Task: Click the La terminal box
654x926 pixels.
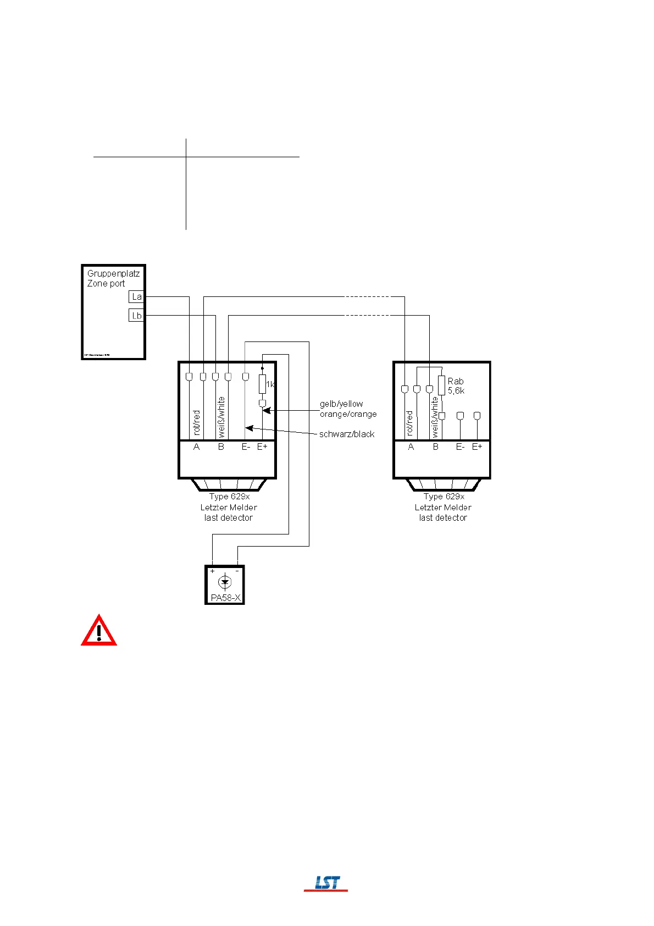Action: coord(136,297)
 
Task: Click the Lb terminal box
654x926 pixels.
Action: coord(136,316)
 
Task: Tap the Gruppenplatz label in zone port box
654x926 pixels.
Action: coord(113,273)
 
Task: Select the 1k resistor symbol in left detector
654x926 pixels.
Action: coord(262,384)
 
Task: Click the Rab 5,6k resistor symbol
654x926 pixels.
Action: coord(441,385)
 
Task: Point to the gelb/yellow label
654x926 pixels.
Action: coord(341,404)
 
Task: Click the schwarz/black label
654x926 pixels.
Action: coord(347,434)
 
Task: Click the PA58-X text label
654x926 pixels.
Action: coord(225,598)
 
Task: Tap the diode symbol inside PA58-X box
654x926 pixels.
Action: coord(224,582)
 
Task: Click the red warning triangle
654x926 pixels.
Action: coord(99,631)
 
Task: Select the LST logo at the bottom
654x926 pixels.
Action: coord(326,883)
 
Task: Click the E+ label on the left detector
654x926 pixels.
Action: coord(262,447)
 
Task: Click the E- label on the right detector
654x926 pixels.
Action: coord(460,447)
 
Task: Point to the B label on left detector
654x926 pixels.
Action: coord(221,447)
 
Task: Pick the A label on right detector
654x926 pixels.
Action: coord(411,447)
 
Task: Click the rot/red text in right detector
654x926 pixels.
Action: coord(409,423)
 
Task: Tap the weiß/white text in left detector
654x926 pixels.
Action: coord(221,417)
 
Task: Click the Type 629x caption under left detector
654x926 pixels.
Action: coord(229,497)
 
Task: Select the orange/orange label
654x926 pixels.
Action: coord(348,414)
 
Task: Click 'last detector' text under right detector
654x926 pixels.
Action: coord(443,517)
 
